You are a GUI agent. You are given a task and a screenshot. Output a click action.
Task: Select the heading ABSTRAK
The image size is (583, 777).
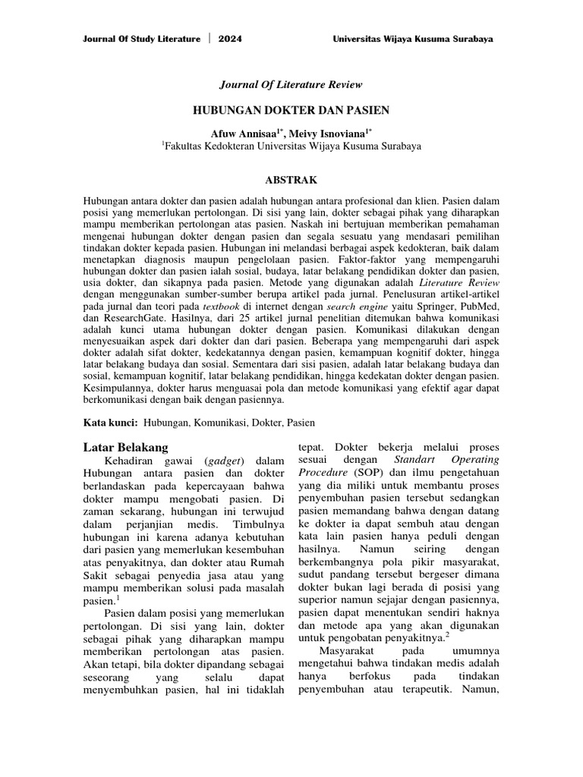tap(291, 180)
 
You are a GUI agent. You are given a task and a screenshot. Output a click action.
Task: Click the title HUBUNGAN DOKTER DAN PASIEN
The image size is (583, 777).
tap(291, 110)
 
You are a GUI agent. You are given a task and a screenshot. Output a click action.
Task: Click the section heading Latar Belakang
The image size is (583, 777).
tap(126, 446)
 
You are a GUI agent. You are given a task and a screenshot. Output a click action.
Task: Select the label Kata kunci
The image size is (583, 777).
tap(110, 422)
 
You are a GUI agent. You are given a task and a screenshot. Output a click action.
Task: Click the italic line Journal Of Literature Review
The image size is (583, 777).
tap(291, 84)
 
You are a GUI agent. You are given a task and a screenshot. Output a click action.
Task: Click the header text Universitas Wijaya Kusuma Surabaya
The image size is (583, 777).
tap(418, 39)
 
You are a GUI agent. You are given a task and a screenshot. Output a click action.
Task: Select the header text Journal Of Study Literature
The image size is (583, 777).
tap(142, 39)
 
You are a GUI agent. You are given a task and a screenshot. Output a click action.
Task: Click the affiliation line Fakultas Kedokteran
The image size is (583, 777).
tap(291, 146)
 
